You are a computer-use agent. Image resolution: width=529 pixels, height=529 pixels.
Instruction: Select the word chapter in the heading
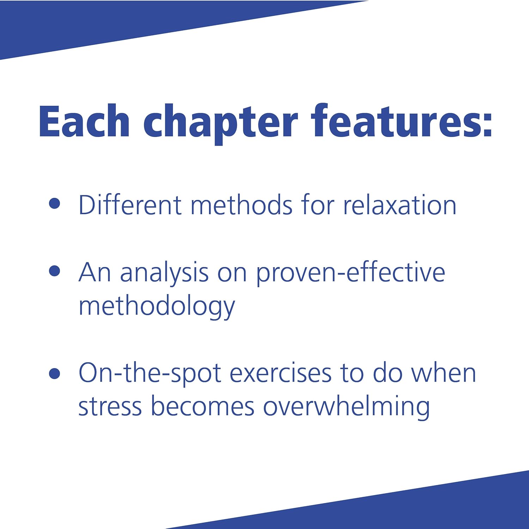pyautogui.click(x=221, y=124)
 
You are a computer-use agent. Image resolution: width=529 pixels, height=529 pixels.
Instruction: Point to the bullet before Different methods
pyautogui.click(x=55, y=203)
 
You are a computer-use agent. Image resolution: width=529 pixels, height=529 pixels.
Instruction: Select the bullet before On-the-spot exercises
pyautogui.click(x=55, y=373)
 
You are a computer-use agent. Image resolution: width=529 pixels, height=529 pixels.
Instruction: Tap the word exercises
pyautogui.click(x=280, y=373)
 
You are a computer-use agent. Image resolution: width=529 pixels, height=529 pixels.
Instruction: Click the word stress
pyautogui.click(x=110, y=407)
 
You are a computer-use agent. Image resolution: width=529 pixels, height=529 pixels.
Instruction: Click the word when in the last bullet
pyautogui.click(x=444, y=372)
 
